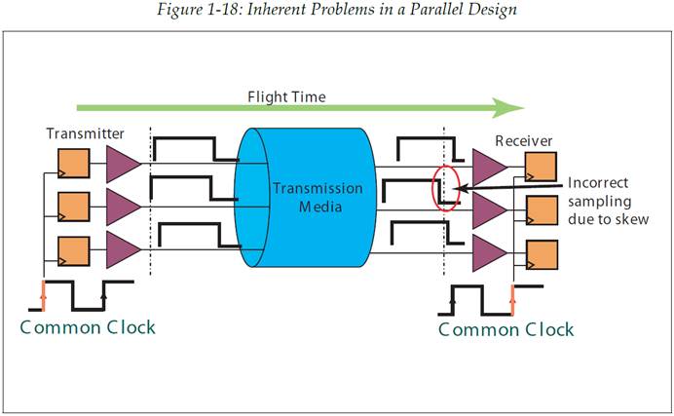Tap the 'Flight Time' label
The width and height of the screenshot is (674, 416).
(x=286, y=97)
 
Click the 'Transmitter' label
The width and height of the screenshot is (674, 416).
(x=85, y=132)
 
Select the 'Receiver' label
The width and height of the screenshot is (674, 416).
(x=524, y=141)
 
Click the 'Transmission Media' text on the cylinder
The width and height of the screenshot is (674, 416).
(x=304, y=197)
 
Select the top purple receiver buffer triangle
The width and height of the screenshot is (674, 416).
(x=488, y=167)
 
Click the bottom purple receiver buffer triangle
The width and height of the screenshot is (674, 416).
(x=488, y=253)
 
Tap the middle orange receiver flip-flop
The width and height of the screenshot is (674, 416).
(x=541, y=209)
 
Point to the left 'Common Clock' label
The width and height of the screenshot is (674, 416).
(x=88, y=326)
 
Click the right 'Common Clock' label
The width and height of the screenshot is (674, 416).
(x=506, y=328)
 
